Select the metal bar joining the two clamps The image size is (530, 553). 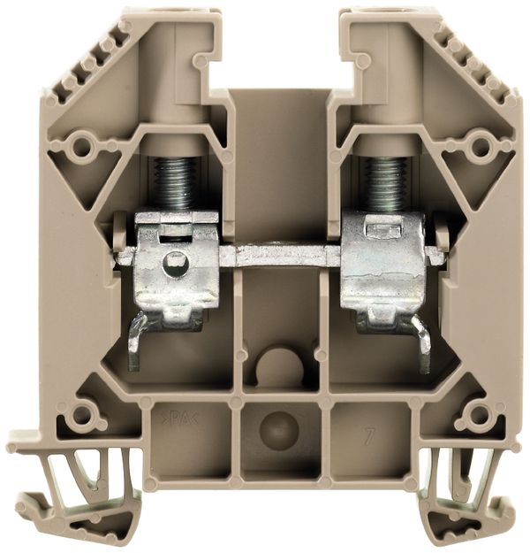(279, 256)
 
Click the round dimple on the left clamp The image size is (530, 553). (177, 261)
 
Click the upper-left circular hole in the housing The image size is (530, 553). (85, 142)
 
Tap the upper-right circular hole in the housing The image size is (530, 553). (480, 142)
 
